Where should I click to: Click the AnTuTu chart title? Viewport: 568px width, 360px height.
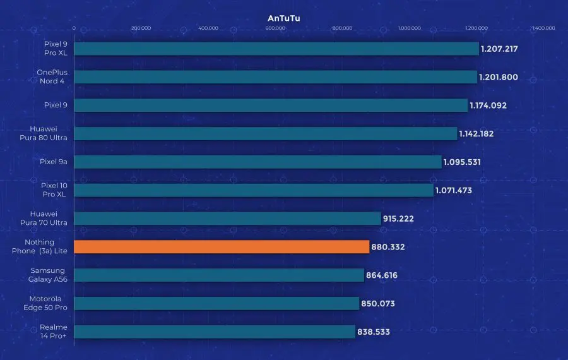point(283,18)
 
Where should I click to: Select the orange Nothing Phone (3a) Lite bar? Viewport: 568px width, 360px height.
point(221,247)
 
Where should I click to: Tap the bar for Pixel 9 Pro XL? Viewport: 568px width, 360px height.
point(276,49)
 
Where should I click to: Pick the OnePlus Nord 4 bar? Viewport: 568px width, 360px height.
point(275,77)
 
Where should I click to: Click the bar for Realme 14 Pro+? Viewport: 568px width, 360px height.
point(214,332)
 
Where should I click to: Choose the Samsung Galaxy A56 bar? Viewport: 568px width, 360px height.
point(219,275)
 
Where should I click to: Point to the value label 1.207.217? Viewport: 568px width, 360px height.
point(503,49)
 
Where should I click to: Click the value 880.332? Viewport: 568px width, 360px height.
point(389,247)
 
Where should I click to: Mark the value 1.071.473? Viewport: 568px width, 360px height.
point(454,190)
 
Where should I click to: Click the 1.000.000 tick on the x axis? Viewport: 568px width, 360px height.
point(409,28)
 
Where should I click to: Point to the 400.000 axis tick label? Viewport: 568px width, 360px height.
point(208,28)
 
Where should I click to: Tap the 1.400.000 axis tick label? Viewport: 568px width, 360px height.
point(543,28)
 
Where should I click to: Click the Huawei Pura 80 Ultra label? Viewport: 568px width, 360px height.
point(49,133)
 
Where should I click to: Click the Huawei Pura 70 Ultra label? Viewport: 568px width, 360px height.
point(49,219)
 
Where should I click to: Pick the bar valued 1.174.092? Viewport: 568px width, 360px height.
point(271,105)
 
